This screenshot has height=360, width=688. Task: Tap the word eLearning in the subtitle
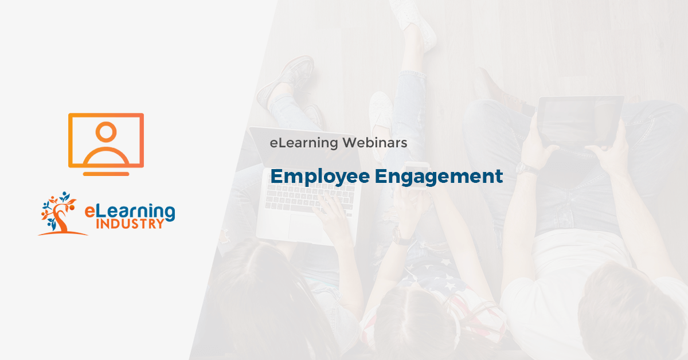(303, 143)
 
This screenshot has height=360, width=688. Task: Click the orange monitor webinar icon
(106, 140)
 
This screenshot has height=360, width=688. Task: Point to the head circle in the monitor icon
(106, 132)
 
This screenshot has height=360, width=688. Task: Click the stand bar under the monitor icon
(106, 173)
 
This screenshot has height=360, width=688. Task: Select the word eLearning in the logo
(130, 210)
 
